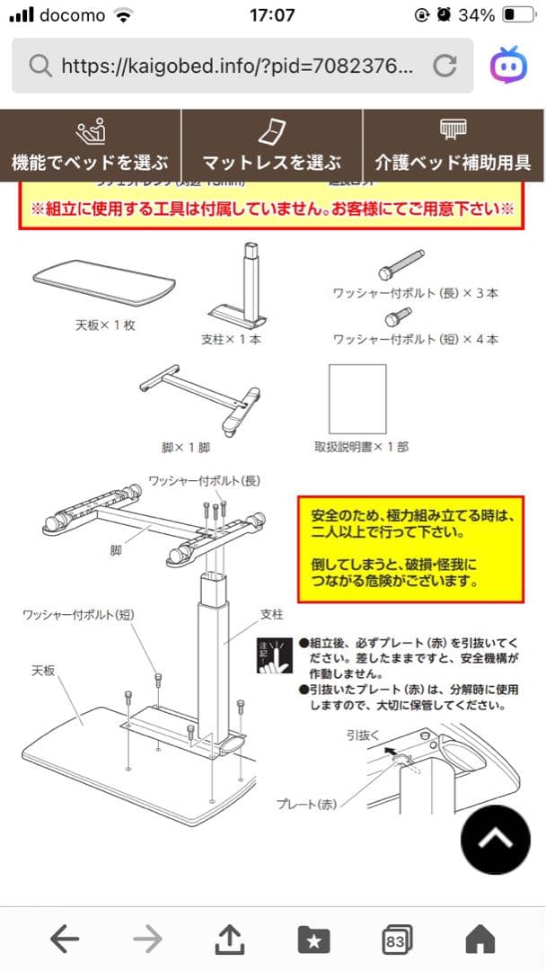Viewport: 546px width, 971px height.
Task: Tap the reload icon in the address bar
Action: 445,65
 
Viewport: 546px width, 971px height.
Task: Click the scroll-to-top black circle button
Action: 495,840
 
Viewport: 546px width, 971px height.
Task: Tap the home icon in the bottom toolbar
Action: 480,940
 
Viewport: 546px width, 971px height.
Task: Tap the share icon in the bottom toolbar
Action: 231,940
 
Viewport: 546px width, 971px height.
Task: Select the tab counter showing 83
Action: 396,940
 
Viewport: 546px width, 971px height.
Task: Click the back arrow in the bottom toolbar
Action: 65,940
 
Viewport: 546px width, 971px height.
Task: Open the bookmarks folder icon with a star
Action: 313,940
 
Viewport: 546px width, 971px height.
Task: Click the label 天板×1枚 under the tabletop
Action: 104,325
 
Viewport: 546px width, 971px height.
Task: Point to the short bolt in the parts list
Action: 398,315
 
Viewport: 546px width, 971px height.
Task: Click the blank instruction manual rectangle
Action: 357,398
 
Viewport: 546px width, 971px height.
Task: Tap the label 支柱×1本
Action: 231,340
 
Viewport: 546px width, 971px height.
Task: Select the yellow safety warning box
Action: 409,548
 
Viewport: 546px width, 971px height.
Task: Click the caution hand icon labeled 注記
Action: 274,655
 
